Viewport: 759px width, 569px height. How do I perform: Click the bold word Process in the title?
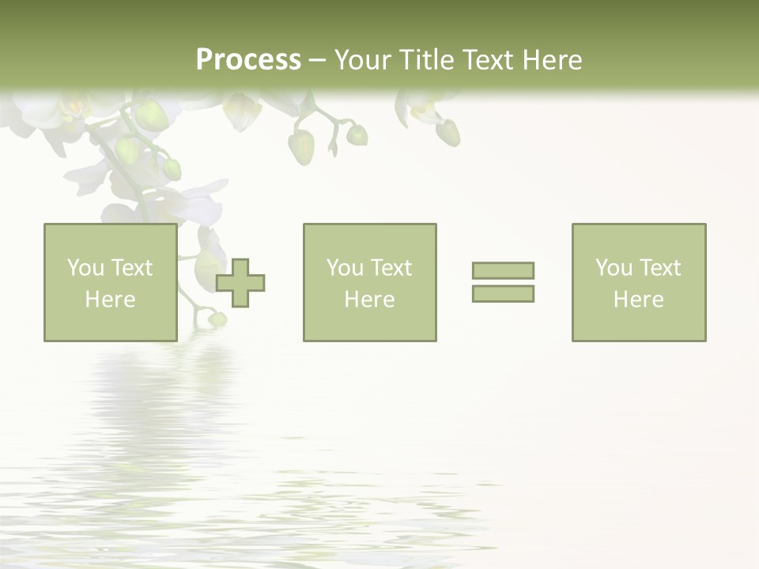click(x=248, y=60)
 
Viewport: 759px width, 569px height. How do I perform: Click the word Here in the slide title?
click(x=554, y=60)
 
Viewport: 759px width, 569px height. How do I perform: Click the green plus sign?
click(x=241, y=283)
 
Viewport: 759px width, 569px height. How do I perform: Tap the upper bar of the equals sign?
click(x=503, y=270)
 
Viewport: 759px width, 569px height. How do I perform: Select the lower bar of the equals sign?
click(x=503, y=294)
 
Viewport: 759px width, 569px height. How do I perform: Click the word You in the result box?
click(x=614, y=268)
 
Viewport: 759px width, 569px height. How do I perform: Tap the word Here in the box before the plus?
click(x=110, y=300)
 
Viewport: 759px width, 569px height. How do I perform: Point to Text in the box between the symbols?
click(x=391, y=268)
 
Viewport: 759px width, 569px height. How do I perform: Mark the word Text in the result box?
click(x=660, y=268)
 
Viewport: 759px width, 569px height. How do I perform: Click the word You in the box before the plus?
click(x=85, y=268)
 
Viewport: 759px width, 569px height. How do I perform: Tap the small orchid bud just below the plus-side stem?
click(x=217, y=319)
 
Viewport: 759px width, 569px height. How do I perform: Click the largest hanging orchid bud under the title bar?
click(x=301, y=147)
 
